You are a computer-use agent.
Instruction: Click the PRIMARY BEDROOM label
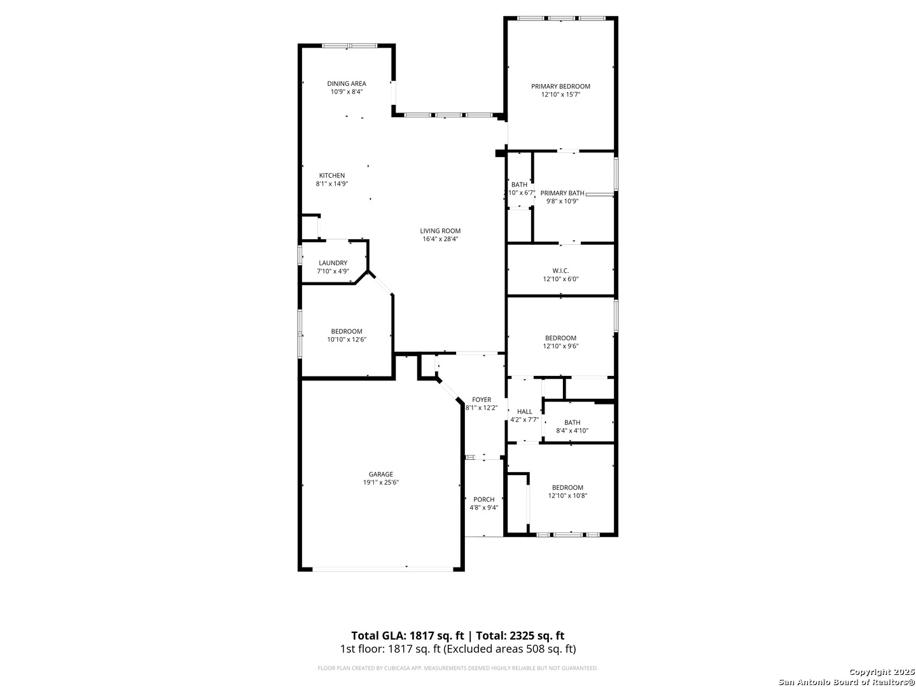point(560,87)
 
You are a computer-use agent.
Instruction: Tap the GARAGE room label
point(380,475)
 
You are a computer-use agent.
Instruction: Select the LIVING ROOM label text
point(440,231)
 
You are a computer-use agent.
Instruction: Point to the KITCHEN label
point(332,176)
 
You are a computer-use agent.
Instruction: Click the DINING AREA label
point(347,83)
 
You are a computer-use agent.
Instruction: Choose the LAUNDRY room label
point(333,263)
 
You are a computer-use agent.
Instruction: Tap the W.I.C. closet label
point(560,271)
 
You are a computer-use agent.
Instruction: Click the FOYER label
point(482,399)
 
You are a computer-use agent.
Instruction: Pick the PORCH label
point(483,499)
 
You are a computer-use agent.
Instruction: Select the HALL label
point(525,412)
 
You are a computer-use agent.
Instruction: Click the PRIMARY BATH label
point(562,193)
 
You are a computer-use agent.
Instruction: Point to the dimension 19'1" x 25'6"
point(380,483)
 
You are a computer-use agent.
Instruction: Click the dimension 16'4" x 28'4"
point(440,239)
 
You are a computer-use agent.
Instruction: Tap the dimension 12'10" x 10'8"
point(567,496)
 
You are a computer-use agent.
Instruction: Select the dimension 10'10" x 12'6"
point(347,340)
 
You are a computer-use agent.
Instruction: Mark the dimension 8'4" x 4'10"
point(572,431)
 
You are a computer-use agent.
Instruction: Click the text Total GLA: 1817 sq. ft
point(407,635)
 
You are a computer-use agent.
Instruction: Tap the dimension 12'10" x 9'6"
point(560,346)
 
